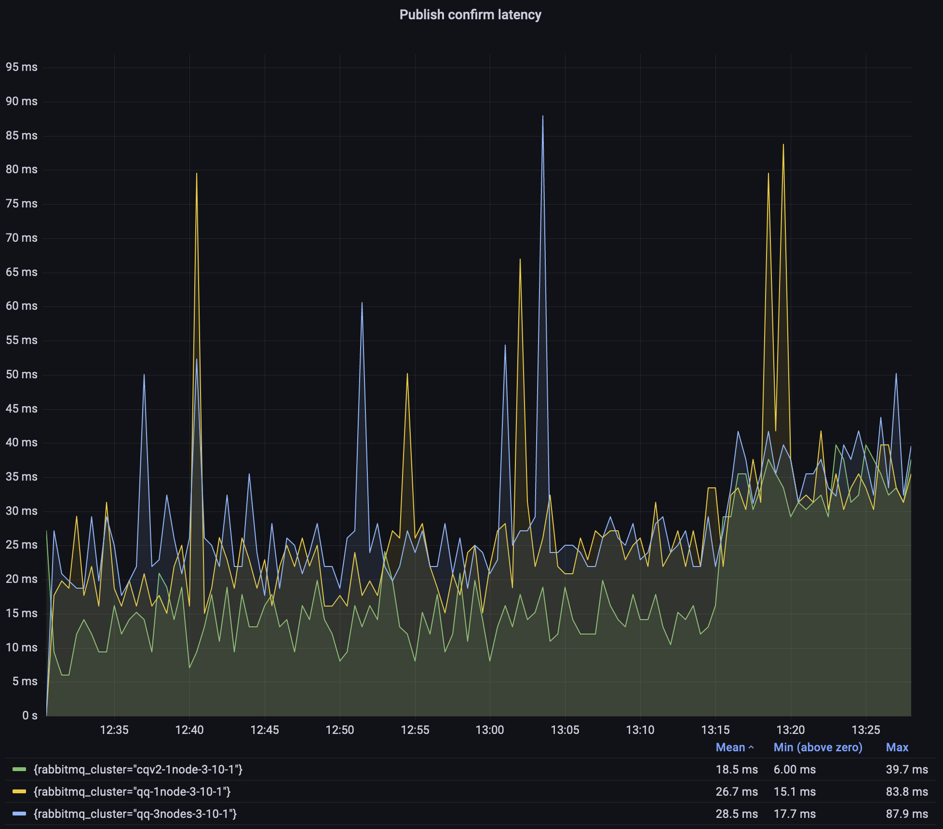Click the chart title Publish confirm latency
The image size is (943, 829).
470,15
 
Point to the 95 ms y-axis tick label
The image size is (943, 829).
22,67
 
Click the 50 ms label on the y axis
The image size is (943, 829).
22,374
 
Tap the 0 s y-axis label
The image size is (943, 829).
29,715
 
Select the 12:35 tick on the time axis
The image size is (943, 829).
114,730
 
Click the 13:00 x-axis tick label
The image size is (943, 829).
490,730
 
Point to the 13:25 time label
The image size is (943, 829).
866,730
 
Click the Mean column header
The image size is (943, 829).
730,747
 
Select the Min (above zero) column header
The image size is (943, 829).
818,747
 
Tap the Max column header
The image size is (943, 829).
897,747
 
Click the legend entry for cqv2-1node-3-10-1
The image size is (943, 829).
138,770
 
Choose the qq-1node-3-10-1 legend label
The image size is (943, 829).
132,792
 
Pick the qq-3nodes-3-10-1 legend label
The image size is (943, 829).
135,814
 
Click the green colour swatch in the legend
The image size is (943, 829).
19,770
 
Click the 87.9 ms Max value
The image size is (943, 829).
907,814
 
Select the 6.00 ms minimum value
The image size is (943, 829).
795,770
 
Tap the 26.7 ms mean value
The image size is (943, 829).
737,792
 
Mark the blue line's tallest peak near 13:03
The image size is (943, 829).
543,116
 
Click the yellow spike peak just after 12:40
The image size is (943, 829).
197,173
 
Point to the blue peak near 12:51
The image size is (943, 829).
362,303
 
